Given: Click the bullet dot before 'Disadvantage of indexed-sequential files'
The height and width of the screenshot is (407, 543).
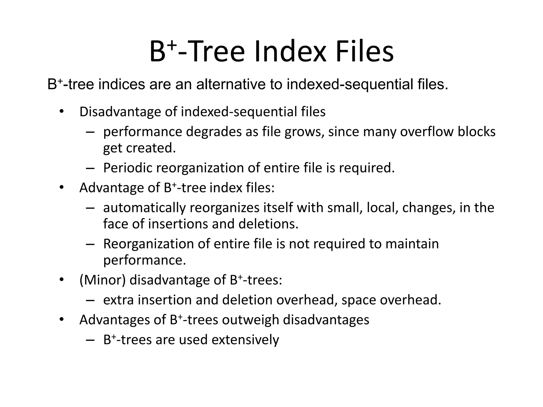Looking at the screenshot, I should [x=62, y=112].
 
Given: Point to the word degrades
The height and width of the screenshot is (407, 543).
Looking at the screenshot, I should [x=214, y=132].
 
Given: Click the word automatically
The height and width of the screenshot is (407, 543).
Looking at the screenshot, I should [x=144, y=208].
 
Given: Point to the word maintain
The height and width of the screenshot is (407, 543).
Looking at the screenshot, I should [x=412, y=244].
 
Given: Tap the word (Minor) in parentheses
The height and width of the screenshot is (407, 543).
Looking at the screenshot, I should [x=102, y=280].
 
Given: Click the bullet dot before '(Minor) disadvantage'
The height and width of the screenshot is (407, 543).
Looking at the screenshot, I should [x=62, y=280].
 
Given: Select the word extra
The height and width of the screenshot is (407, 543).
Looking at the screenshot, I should [x=118, y=300].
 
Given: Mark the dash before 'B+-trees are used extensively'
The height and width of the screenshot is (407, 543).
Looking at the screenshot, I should [x=90, y=340].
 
